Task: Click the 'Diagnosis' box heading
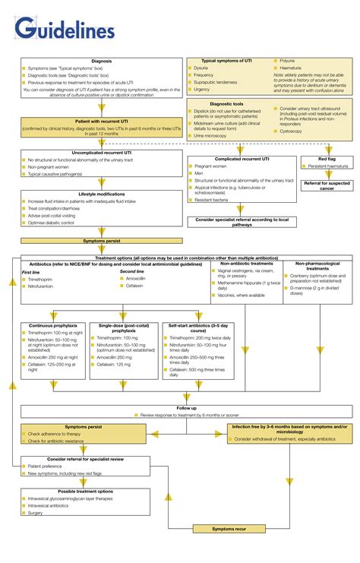[102, 61]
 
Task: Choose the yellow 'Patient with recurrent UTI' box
[102, 125]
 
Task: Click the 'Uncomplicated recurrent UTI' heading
[102, 152]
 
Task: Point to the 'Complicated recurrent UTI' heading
[242, 159]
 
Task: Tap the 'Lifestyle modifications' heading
[102, 194]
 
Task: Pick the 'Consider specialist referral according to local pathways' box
[242, 222]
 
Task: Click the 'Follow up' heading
[187, 408]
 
